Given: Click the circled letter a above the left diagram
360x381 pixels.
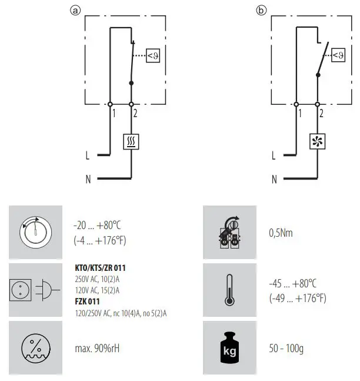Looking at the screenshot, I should (x=75, y=10).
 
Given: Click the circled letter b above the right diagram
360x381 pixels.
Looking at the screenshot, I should (x=261, y=10).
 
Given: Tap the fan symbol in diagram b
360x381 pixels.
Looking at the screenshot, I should (x=318, y=141).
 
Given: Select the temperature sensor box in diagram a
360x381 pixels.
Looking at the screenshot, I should (x=152, y=56).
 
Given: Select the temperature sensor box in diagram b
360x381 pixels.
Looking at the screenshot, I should (x=338, y=56).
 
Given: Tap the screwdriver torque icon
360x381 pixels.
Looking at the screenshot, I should (x=229, y=232).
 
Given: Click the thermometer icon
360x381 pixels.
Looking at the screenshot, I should (x=229, y=290).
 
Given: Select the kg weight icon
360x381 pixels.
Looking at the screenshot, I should (x=229, y=347).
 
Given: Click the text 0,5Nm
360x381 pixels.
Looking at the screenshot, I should (x=281, y=233).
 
